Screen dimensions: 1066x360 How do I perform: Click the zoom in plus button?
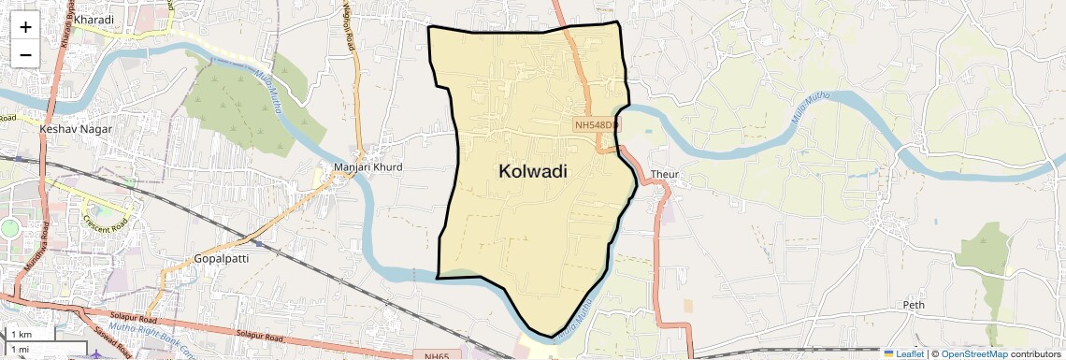(x=25, y=27)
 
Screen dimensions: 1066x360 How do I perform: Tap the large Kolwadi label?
(x=533, y=171)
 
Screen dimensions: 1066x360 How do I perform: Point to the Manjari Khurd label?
(x=367, y=167)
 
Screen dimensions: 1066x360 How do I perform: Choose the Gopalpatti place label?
(x=222, y=258)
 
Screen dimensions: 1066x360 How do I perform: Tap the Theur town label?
(x=664, y=175)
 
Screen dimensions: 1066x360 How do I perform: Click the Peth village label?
(x=913, y=306)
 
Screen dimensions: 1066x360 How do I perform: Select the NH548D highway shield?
(x=596, y=124)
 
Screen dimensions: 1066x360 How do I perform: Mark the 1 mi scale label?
(x=21, y=349)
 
